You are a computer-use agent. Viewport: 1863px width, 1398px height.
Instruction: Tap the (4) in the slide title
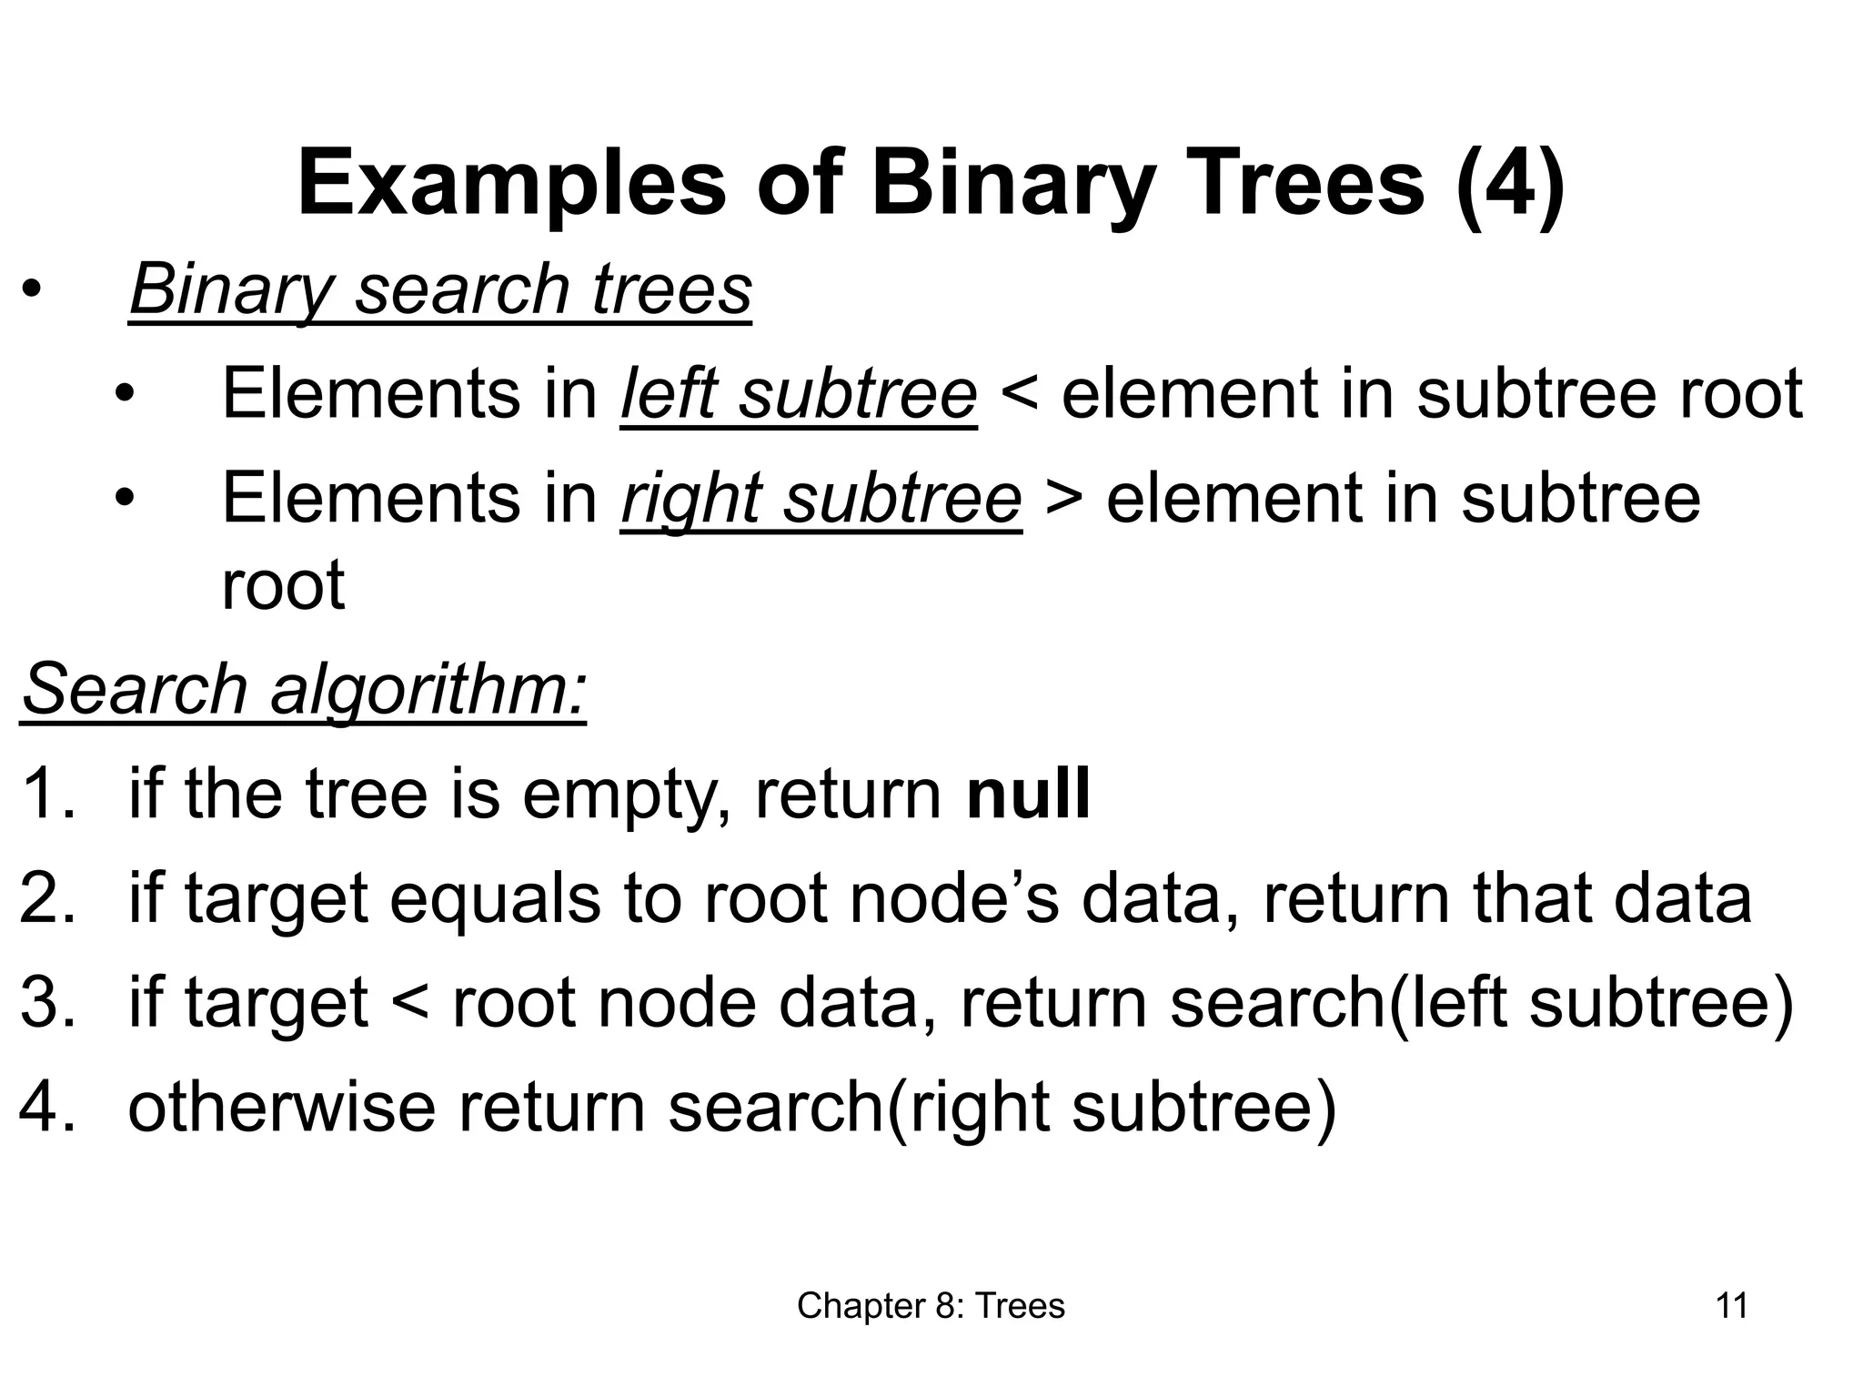coord(1509,184)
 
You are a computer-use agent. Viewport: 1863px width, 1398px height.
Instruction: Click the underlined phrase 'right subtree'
coord(821,499)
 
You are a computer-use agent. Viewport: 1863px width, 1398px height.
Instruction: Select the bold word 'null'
coord(1028,794)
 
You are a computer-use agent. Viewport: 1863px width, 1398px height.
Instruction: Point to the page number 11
coord(1731,1306)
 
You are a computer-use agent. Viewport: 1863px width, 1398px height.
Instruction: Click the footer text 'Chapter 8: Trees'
coord(931,1306)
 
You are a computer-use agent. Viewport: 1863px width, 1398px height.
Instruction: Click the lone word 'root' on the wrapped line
coord(283,584)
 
